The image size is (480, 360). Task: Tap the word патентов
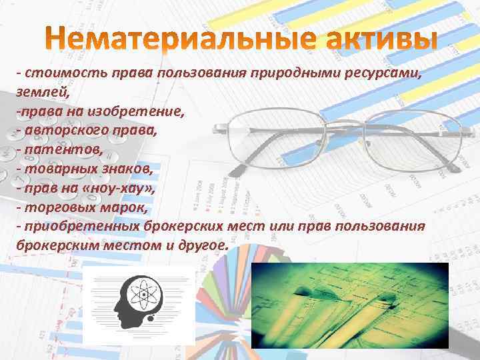tap(63, 149)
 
